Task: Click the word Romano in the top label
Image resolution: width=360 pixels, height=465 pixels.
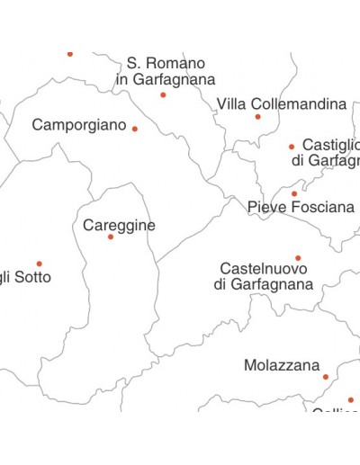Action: click(178, 63)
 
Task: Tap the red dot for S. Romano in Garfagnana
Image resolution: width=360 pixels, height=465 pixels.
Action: click(163, 94)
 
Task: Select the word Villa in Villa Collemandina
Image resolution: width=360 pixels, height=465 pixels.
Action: click(231, 104)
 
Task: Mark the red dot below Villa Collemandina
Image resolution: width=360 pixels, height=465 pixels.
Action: click(257, 117)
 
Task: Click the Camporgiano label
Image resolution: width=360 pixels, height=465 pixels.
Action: click(79, 125)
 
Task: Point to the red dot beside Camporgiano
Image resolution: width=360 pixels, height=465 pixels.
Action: click(135, 129)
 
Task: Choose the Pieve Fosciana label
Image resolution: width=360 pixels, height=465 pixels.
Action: click(301, 208)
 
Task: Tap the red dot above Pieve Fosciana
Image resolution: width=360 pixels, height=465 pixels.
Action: click(293, 193)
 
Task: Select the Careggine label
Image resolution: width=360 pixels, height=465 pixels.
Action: click(119, 225)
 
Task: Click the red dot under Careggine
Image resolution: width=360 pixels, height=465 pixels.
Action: click(111, 237)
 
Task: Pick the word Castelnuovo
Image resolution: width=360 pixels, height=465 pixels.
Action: click(263, 269)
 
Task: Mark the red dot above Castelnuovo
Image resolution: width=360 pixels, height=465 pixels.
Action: click(298, 258)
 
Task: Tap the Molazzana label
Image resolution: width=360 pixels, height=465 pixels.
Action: click(282, 366)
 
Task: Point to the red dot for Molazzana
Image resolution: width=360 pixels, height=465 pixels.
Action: click(326, 377)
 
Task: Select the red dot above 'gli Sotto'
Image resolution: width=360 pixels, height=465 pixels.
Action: click(39, 264)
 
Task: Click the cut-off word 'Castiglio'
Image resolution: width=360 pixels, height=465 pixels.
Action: click(330, 145)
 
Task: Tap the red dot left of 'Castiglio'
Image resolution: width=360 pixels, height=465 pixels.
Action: click(292, 147)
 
